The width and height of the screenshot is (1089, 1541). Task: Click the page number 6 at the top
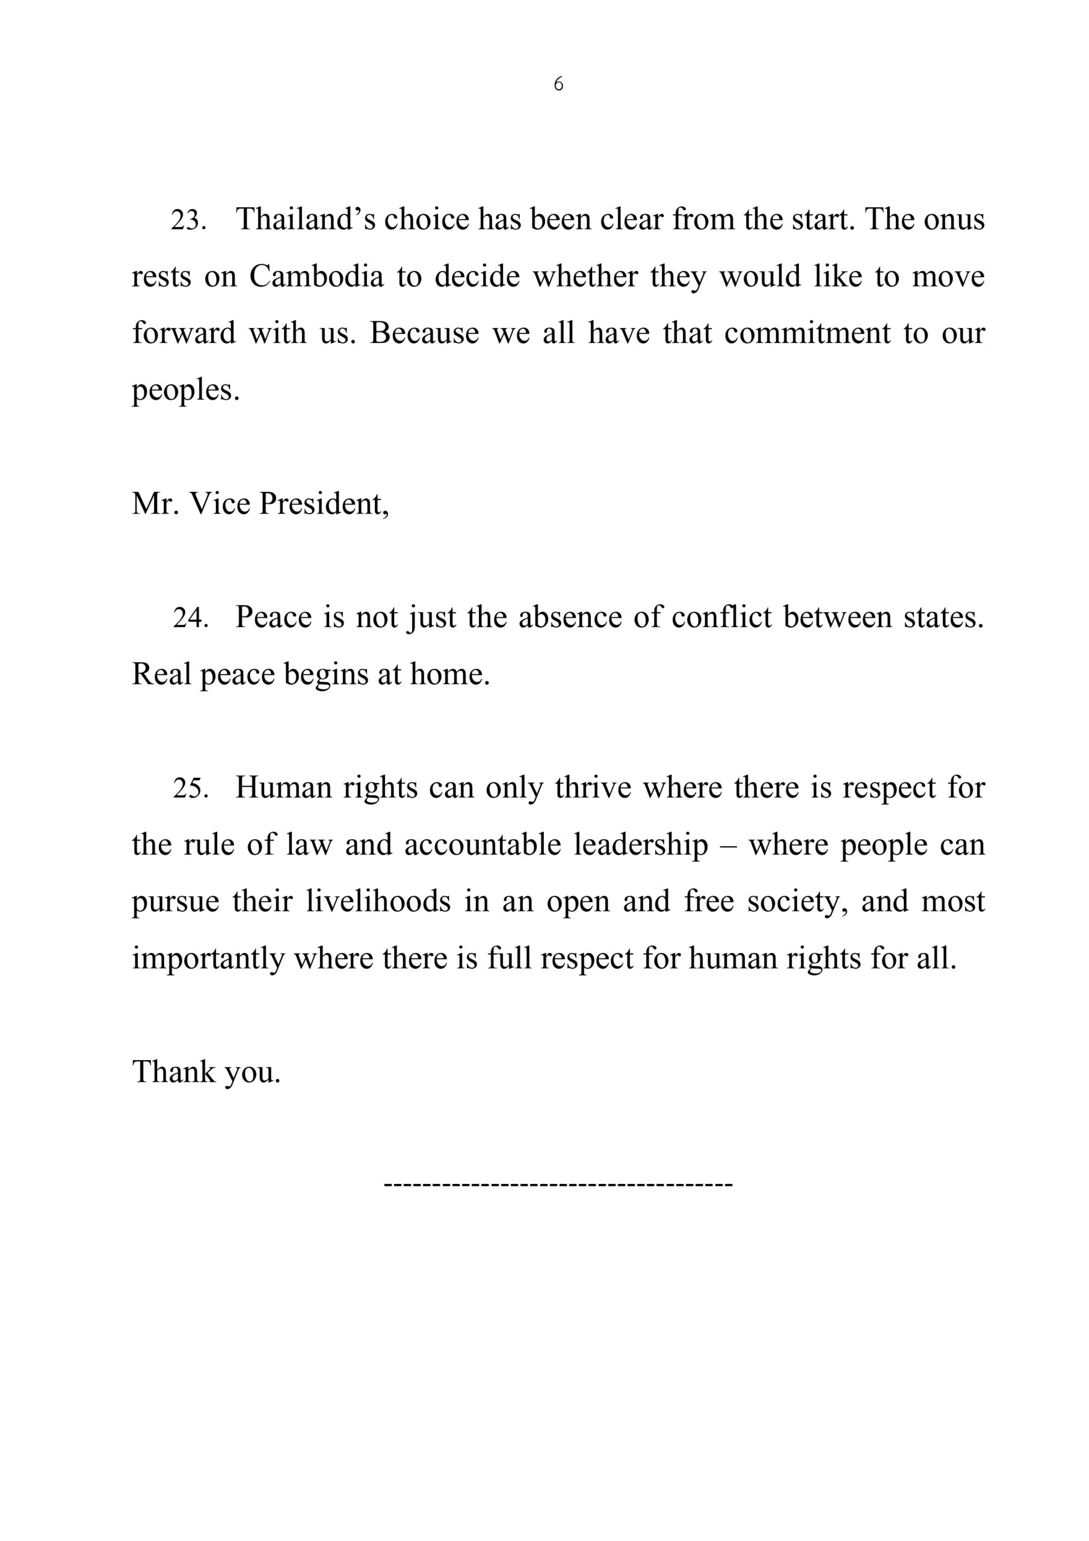pos(558,84)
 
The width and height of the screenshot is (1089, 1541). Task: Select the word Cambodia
pos(316,276)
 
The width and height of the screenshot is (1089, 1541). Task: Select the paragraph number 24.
pos(190,618)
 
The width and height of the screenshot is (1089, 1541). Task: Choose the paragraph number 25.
pos(190,788)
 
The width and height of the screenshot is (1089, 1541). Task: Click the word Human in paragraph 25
pos(283,788)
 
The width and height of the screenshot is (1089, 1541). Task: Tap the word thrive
pos(593,788)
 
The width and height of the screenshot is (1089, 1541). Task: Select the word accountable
pos(483,845)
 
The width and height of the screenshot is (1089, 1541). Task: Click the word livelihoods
pos(378,901)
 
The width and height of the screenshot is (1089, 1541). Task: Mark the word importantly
pos(208,958)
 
